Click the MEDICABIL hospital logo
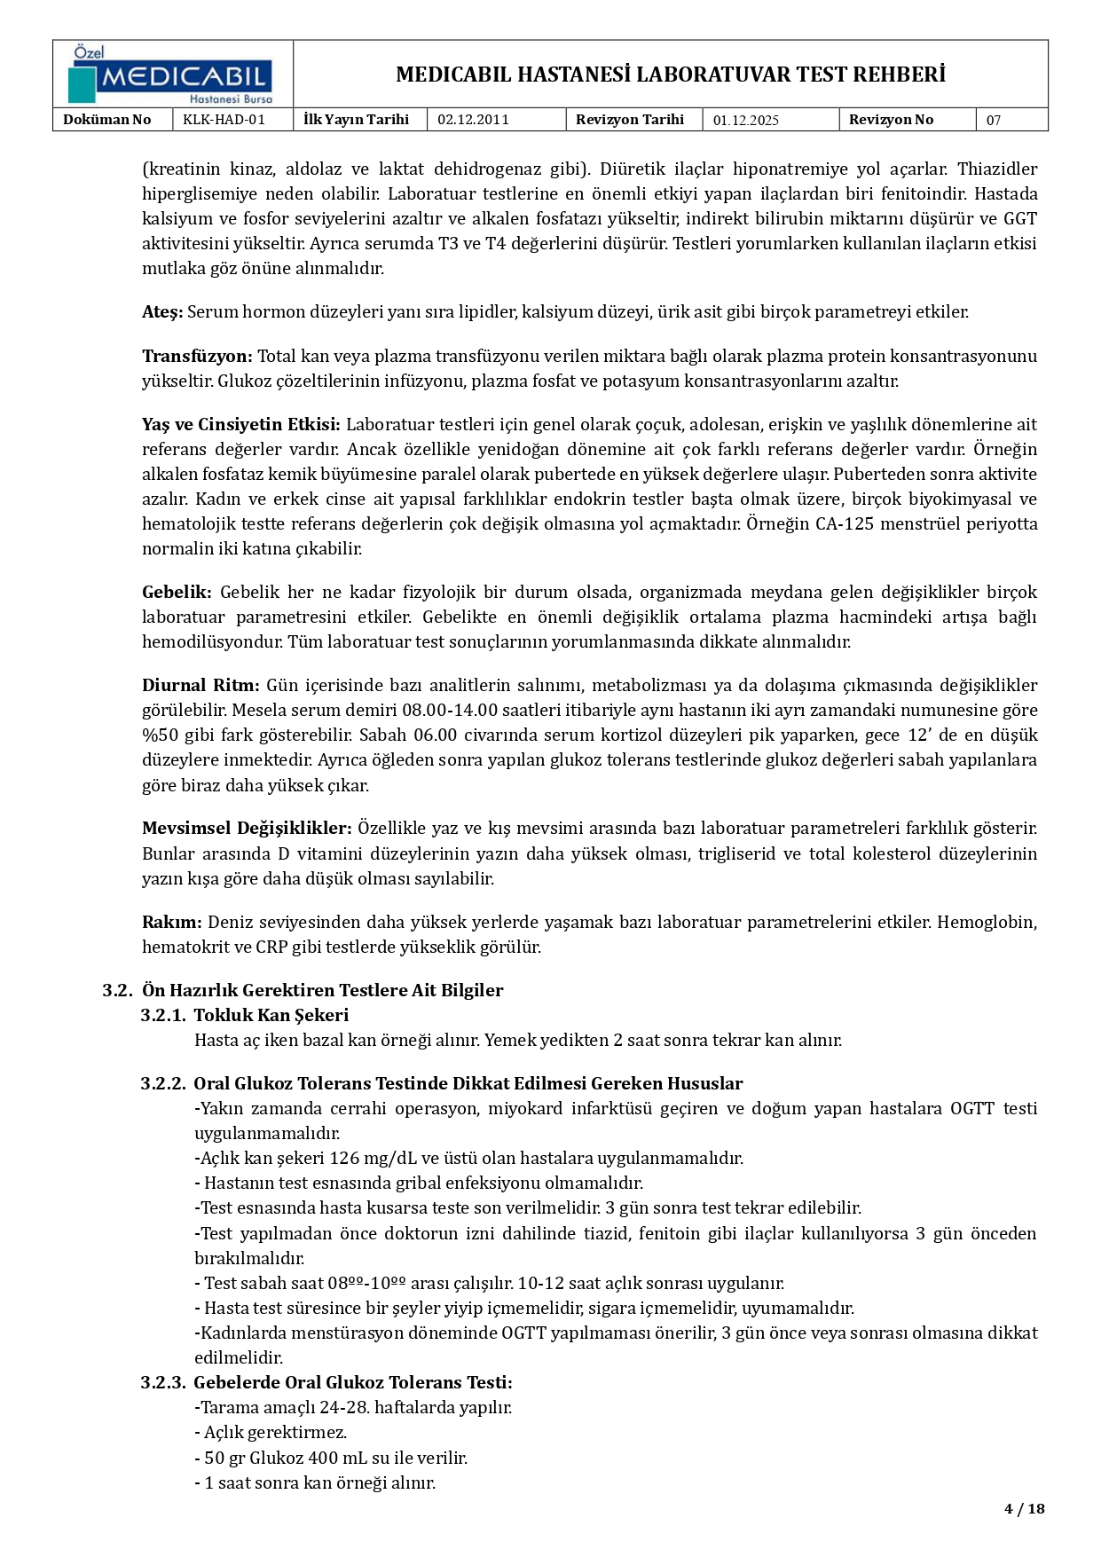(172, 75)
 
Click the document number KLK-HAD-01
(224, 120)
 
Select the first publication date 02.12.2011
(473, 120)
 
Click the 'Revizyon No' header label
(891, 120)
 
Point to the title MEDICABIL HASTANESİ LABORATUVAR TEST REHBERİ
(670, 75)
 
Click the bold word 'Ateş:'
(162, 311)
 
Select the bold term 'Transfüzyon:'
(197, 356)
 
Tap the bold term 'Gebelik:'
(177, 592)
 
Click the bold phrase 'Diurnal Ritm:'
(201, 685)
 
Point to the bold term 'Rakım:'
(171, 922)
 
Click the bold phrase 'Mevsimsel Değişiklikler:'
(247, 828)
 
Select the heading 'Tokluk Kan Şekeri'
(271, 1015)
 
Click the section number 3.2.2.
(163, 1083)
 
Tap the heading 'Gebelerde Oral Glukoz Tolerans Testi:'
(352, 1382)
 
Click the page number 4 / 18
(1024, 1508)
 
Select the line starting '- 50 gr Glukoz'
(330, 1458)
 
